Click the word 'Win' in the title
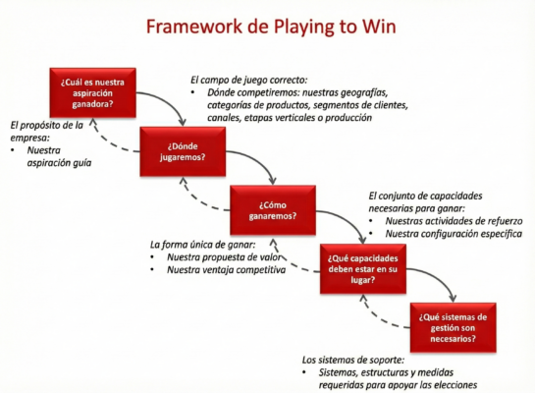[x=376, y=27]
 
